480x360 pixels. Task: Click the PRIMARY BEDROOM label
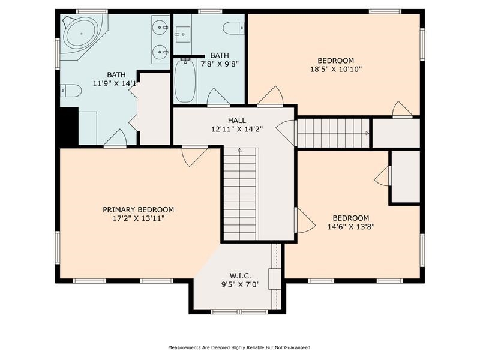point(138,209)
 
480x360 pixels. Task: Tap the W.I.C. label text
point(241,276)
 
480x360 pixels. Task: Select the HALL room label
point(236,121)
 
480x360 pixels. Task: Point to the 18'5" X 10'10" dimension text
point(336,69)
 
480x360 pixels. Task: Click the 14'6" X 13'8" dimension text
point(351,227)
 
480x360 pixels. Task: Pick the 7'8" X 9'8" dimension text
point(220,64)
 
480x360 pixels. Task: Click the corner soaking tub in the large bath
point(82,34)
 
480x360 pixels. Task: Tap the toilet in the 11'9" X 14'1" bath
point(71,91)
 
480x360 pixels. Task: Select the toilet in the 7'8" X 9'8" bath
point(234,28)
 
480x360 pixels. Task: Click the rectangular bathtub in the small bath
point(185,80)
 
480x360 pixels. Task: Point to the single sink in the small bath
point(183,34)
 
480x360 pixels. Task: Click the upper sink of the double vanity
point(160,28)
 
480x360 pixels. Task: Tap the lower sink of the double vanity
point(160,52)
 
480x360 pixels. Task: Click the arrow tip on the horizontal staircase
point(368,133)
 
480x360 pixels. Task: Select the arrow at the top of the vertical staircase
point(239,150)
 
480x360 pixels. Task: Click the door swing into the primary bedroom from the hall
point(194,157)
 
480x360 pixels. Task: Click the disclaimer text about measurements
point(239,347)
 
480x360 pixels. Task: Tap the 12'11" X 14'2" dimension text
point(237,129)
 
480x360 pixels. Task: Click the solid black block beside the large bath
point(69,126)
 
